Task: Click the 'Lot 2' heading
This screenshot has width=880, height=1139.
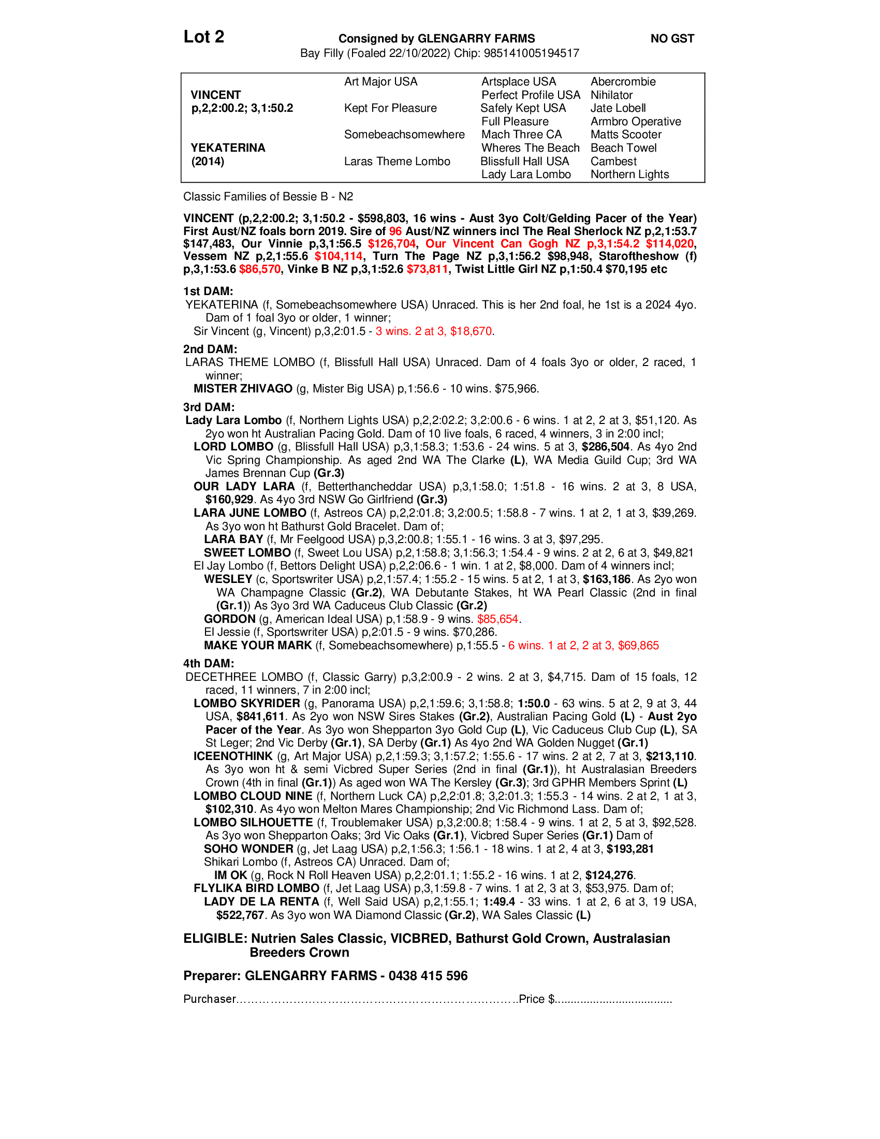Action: tap(203, 37)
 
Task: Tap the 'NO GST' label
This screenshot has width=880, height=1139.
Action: tap(672, 39)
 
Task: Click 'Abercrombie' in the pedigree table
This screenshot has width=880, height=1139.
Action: tap(623, 82)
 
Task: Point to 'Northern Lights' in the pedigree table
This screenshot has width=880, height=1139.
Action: tap(629, 174)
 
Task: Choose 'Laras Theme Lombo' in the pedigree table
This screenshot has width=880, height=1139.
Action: tap(397, 161)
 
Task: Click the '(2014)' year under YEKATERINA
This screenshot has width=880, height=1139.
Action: tap(208, 161)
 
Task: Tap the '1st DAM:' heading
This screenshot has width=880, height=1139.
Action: tap(208, 291)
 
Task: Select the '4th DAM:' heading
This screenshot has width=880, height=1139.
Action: tap(208, 663)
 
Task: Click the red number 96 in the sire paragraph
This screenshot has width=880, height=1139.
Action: tap(395, 231)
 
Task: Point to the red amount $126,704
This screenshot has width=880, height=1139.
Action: tap(391, 243)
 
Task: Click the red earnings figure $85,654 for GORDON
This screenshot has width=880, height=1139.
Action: tap(497, 619)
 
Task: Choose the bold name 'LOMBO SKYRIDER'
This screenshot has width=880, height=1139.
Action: tap(246, 703)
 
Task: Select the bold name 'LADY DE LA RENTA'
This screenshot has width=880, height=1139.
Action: tap(261, 902)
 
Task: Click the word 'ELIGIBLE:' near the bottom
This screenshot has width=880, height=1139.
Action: tap(215, 939)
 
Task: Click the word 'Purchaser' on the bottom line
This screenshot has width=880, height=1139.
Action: tap(210, 999)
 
